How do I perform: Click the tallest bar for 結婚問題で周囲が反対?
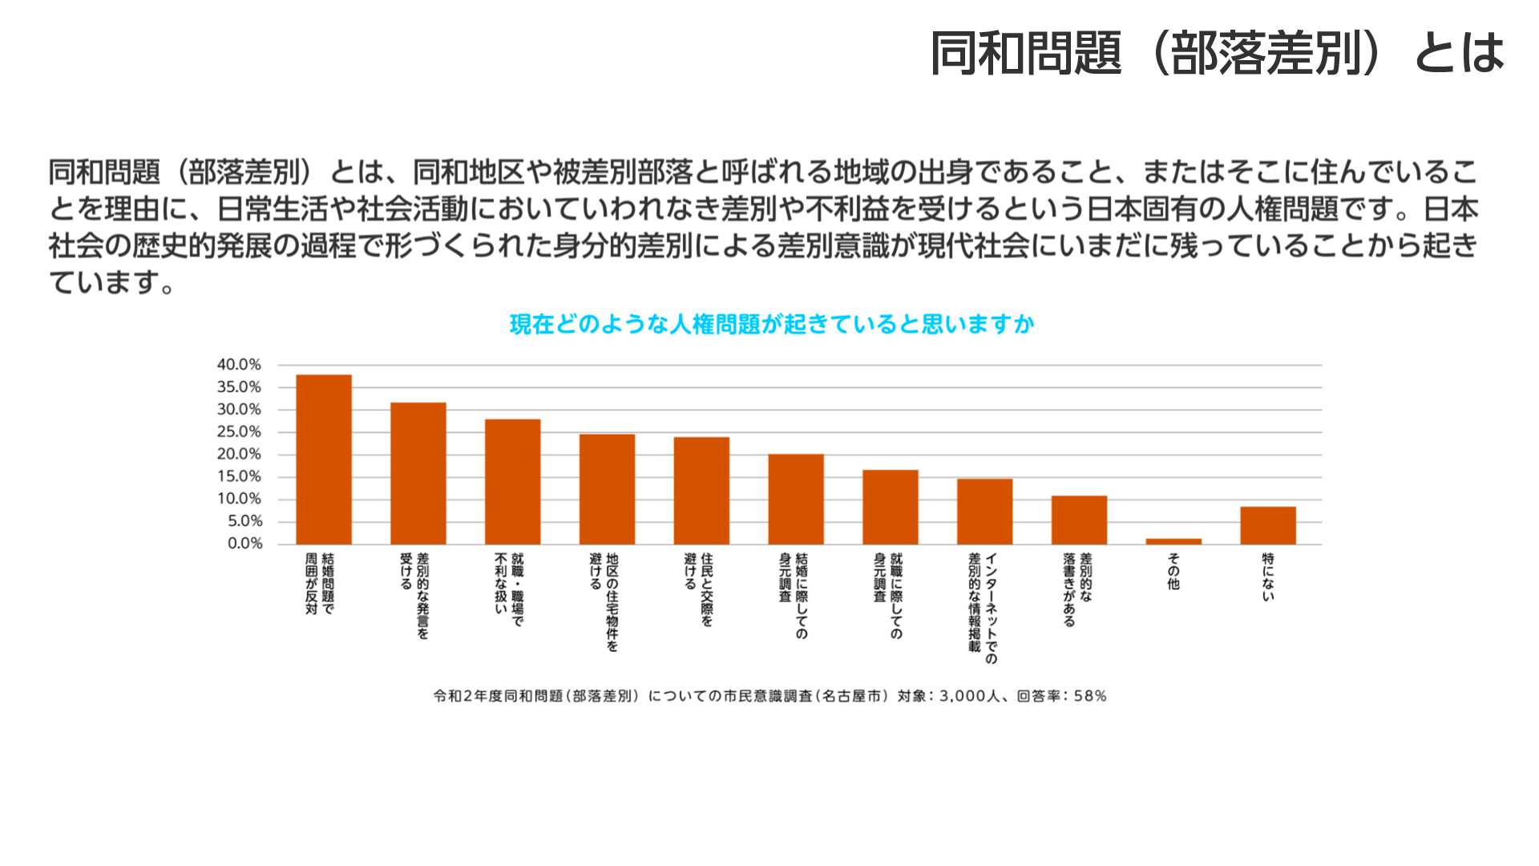(x=324, y=459)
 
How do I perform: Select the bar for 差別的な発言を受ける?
(x=418, y=473)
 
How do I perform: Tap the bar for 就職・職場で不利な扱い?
(x=513, y=482)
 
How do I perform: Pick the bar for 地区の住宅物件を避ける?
(x=607, y=489)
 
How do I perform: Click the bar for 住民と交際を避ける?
(x=701, y=491)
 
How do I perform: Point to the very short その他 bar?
(x=1173, y=542)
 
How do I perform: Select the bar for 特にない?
(x=1268, y=525)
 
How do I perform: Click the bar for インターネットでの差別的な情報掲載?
(x=985, y=512)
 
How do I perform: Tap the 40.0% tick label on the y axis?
(x=239, y=365)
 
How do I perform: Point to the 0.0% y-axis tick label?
(x=244, y=544)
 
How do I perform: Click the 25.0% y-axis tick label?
(x=239, y=432)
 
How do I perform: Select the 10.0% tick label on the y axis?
(x=239, y=499)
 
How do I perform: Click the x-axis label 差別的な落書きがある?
(x=1078, y=589)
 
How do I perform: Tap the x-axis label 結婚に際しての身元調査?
(x=794, y=596)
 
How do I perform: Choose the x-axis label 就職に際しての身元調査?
(x=888, y=596)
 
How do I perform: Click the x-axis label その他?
(x=1173, y=571)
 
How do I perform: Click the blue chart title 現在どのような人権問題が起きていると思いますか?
(x=772, y=324)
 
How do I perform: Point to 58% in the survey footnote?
(x=1090, y=696)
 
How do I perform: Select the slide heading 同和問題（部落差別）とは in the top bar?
(x=1217, y=53)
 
